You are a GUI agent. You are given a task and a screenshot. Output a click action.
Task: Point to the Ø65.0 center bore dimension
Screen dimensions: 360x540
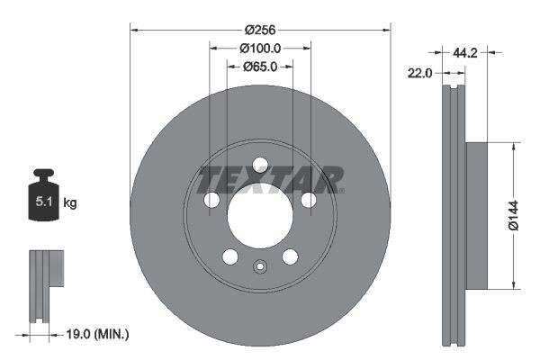(x=261, y=66)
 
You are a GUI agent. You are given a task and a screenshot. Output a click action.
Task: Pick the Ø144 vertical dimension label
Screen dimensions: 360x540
(x=514, y=216)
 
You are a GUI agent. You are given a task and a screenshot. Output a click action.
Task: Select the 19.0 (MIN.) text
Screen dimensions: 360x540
(x=99, y=334)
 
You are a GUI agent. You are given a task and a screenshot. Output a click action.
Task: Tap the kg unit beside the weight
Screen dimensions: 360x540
(x=69, y=203)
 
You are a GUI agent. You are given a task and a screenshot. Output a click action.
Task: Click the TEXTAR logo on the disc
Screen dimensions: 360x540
(x=270, y=180)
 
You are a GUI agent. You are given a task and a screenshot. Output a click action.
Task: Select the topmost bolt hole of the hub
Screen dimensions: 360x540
(x=260, y=165)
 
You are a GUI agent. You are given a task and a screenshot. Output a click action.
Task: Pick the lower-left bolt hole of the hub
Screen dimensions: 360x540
(x=230, y=256)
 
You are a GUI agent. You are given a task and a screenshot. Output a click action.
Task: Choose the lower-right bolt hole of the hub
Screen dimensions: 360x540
(x=290, y=256)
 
